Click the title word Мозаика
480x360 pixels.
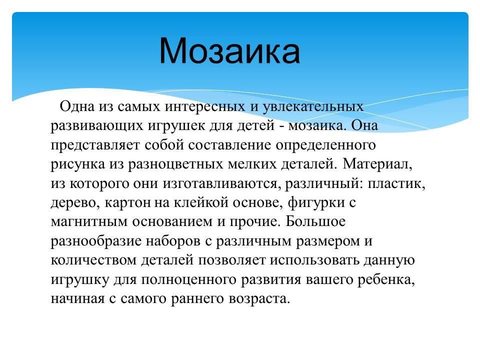pyautogui.click(x=229, y=50)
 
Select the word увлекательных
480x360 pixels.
pyautogui.click(x=313, y=107)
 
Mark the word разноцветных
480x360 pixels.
pyautogui.click(x=175, y=164)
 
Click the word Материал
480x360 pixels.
pyautogui.click(x=377, y=164)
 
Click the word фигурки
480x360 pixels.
pyautogui.click(x=316, y=202)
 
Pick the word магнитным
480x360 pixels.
pyautogui.click(x=89, y=222)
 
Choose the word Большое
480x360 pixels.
pyautogui.click(x=315, y=221)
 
